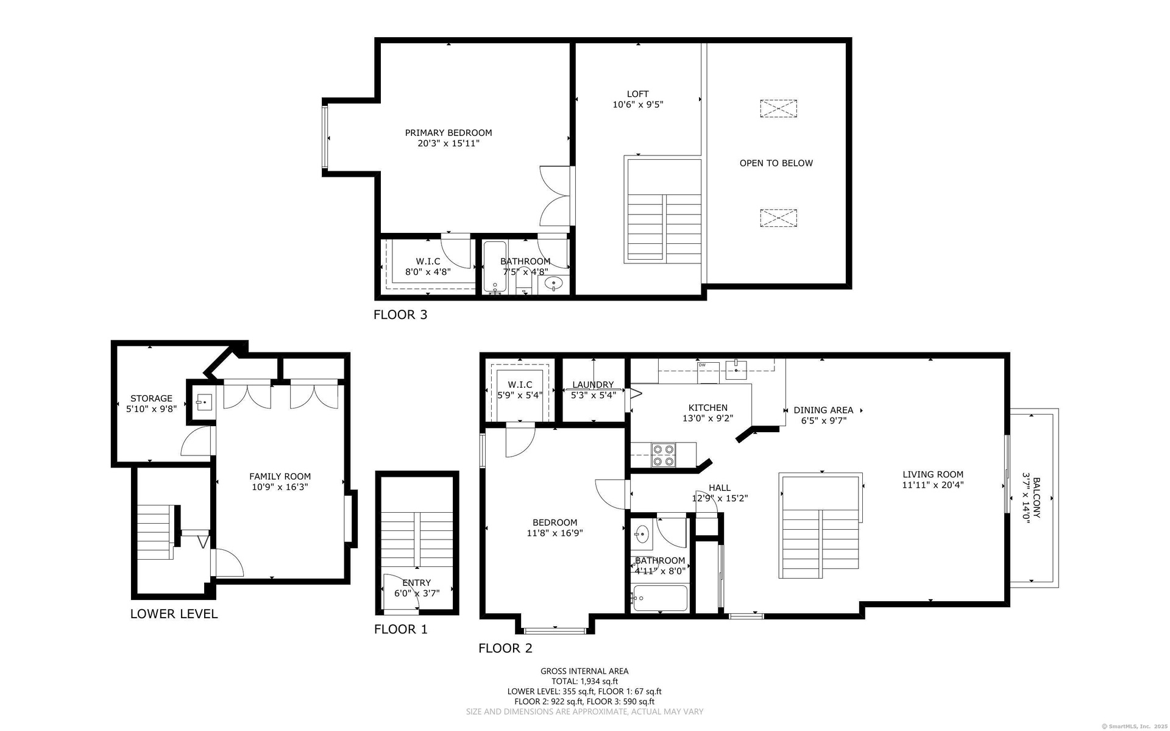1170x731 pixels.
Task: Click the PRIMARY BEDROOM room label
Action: tap(448, 133)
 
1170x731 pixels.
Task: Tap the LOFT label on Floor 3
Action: tap(638, 94)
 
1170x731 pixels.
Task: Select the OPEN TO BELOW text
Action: tap(776, 163)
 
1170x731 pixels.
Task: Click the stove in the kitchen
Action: tap(664, 455)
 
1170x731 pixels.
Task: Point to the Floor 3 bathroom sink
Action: tap(553, 283)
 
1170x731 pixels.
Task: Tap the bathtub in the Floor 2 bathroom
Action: tap(661, 598)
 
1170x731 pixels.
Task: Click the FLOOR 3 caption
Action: tap(400, 315)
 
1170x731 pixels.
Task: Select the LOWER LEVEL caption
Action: tap(174, 614)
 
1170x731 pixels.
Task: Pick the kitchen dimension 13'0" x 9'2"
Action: tap(707, 419)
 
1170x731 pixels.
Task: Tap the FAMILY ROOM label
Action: tap(280, 477)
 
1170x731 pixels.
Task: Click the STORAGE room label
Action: tap(151, 399)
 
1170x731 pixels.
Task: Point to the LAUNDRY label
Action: tap(593, 385)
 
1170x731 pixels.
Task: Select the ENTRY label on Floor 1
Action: tap(416, 583)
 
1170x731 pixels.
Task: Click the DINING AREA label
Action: tap(823, 410)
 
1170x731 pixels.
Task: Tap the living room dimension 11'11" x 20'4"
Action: tap(933, 485)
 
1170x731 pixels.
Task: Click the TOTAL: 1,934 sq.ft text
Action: tap(584, 682)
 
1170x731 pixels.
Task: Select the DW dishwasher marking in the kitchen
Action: tap(702, 365)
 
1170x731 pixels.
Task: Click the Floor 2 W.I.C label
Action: tap(520, 385)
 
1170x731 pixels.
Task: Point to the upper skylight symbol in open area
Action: tap(778, 109)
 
